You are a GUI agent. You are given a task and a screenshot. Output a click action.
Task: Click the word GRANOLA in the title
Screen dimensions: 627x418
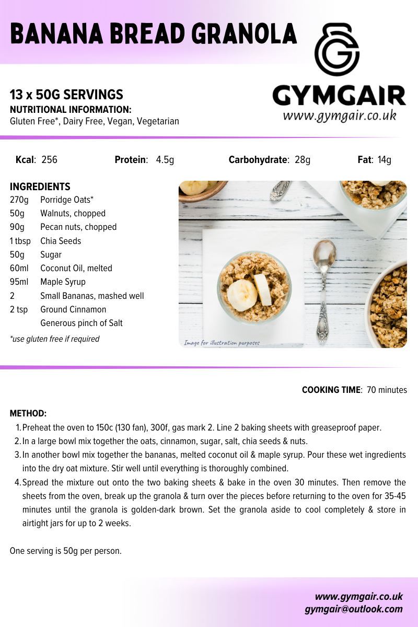[245, 34]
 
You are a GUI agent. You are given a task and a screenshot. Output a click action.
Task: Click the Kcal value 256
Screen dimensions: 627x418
[49, 160]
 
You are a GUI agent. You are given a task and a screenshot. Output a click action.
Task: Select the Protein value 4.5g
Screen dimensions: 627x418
[165, 160]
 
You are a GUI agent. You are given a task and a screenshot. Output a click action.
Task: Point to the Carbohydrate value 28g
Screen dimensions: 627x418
[302, 160]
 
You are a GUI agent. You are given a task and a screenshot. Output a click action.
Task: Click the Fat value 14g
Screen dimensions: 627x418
[385, 160]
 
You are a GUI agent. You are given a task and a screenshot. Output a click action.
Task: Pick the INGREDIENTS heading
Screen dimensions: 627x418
[40, 187]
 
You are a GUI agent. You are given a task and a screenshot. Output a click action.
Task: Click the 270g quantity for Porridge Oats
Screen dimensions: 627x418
[19, 200]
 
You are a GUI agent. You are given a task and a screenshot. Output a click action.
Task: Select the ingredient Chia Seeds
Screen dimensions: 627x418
[61, 241]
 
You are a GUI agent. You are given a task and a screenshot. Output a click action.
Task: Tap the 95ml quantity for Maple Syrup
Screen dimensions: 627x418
[19, 282]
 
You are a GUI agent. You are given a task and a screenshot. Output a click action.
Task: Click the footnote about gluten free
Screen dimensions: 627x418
[54, 339]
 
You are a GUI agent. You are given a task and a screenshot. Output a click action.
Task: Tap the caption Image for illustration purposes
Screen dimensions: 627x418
[222, 343]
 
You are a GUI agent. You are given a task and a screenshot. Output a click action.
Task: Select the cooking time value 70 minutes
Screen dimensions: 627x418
[387, 390]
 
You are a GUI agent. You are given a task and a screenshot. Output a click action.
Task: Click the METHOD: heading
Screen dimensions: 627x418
[28, 414]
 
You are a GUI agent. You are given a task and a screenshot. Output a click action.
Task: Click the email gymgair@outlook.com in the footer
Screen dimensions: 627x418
[354, 609]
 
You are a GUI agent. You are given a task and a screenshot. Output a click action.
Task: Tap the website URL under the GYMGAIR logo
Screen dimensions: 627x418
[340, 115]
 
